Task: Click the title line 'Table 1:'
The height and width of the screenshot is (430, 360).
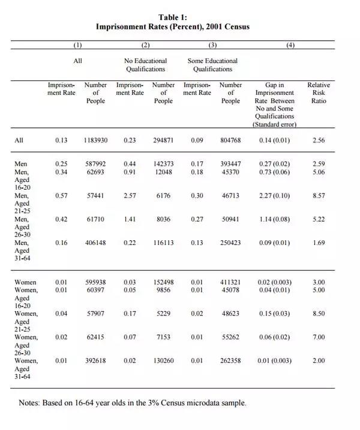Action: [172, 17]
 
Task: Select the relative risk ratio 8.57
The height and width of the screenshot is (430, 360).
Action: [319, 196]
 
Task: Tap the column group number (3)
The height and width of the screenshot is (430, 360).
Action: [213, 46]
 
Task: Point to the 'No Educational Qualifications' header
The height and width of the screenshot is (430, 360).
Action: [146, 65]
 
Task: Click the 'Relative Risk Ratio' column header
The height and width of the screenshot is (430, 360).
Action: [319, 93]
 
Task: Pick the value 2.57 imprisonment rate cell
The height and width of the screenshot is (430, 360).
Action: [130, 196]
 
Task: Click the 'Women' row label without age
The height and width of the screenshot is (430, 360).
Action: [25, 282]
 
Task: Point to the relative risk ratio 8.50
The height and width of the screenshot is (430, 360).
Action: [319, 313]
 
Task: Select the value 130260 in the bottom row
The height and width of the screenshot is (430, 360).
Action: [163, 360]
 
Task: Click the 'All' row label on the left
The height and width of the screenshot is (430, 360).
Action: [19, 141]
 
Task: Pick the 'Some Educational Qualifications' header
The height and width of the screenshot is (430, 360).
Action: [213, 65]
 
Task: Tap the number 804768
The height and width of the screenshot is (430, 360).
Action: [230, 141]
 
